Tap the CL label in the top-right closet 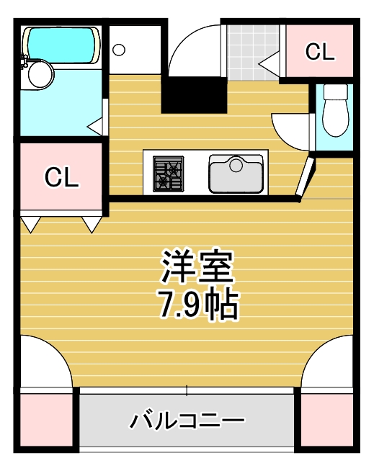coord(319,52)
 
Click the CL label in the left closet coord(61,177)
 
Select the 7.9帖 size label coord(196,305)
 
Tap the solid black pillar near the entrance coord(193,95)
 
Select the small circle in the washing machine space coord(120,50)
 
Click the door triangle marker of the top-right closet coord(269,63)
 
